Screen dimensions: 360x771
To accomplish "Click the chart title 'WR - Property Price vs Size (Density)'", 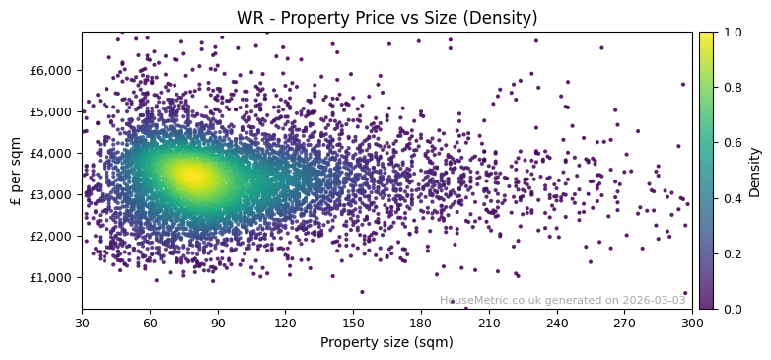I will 386,18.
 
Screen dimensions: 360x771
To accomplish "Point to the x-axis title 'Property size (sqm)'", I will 386,342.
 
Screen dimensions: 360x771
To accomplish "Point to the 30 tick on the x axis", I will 82,322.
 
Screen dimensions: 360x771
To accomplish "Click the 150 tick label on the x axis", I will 353,322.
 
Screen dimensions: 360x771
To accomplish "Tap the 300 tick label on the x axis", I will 692,322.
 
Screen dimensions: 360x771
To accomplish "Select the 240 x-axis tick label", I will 557,322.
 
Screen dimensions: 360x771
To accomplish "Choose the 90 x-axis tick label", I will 218,322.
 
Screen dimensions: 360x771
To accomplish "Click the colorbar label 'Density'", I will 755,172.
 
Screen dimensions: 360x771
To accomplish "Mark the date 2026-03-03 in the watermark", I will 654,300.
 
